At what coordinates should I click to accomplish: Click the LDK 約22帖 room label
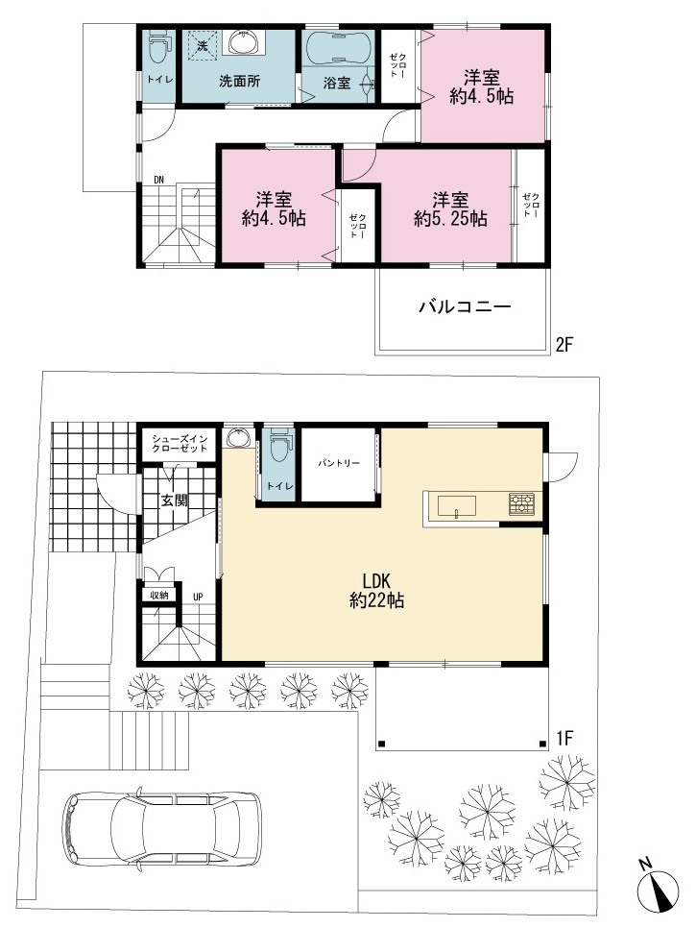coord(376,591)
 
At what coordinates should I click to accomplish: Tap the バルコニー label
coord(465,306)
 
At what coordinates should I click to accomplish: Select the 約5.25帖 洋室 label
coord(450,208)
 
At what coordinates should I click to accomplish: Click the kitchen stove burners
coord(521,503)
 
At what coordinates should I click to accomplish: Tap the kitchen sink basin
coord(457,506)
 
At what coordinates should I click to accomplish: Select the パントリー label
coord(338,463)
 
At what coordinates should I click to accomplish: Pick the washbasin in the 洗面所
coord(243,42)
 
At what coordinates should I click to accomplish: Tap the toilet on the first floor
coord(279,446)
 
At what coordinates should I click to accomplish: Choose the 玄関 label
coord(175,501)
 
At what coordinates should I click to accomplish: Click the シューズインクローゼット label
coord(180,444)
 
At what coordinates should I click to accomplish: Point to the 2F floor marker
coord(564,345)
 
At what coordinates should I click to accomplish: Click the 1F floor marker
coord(564,738)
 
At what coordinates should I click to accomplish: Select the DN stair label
coord(159,180)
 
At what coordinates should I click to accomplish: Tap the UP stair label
coord(198,598)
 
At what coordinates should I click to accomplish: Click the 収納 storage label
coord(159,595)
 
